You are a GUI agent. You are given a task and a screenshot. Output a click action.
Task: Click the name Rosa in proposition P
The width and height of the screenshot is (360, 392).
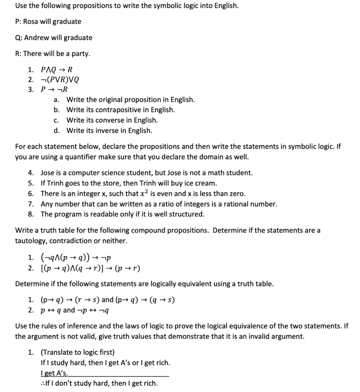pyautogui.click(x=31, y=21)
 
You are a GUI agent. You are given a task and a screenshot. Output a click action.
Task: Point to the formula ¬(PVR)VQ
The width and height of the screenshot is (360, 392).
pyautogui.click(x=60, y=80)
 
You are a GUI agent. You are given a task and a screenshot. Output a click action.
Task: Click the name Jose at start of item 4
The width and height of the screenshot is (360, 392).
pyautogui.click(x=48, y=173)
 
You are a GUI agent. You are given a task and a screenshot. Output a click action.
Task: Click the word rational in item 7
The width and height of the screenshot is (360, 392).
pyautogui.click(x=232, y=204)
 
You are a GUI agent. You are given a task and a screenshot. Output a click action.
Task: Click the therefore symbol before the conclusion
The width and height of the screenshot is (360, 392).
pyautogui.click(x=43, y=383)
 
